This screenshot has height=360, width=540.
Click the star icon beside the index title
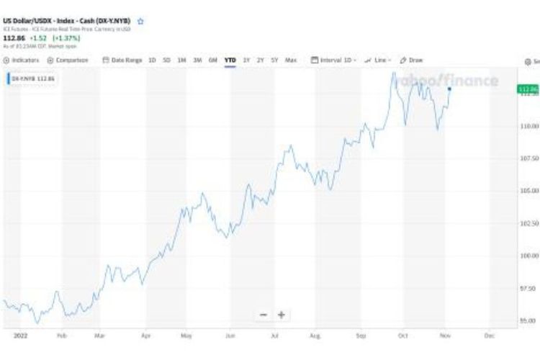click(140, 22)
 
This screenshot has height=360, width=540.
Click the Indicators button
click(22, 60)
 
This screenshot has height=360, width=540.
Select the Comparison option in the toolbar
click(68, 60)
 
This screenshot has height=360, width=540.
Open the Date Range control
click(123, 60)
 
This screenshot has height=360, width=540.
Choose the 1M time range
click(181, 60)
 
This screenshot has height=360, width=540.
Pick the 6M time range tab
click(213, 60)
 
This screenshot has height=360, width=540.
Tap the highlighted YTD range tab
click(230, 60)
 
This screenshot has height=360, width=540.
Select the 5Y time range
click(274, 60)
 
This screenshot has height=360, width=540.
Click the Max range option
click(291, 60)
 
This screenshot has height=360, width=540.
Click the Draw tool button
click(412, 60)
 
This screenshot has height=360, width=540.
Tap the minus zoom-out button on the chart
click(264, 315)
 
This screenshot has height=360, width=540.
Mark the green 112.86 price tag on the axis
click(528, 89)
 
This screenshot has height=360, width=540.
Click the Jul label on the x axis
click(274, 336)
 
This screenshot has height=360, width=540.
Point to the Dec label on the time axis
click(490, 336)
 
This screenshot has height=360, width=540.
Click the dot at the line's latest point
click(449, 89)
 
